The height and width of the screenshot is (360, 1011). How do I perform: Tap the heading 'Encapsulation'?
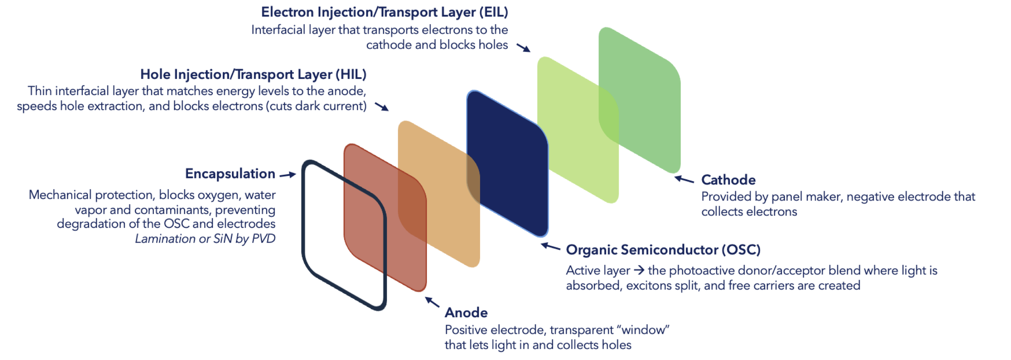point(230,174)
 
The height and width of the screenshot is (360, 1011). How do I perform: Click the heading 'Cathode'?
point(728,180)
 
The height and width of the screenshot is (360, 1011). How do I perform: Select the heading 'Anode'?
point(466,313)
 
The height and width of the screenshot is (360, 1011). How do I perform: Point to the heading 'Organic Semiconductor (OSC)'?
point(663,250)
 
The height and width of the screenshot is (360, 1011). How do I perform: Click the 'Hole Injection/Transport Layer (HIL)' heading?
point(253,75)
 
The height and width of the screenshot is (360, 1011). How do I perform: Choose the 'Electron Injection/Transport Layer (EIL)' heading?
point(384,12)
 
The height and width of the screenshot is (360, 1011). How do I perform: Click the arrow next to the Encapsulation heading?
point(287,174)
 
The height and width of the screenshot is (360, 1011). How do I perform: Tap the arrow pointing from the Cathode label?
point(684,180)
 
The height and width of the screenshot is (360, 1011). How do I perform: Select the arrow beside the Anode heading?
point(432,302)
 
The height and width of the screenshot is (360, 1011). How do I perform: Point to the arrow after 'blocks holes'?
point(523,48)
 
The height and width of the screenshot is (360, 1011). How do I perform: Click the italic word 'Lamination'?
point(165,239)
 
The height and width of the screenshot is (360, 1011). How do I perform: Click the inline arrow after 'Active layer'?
point(639,270)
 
